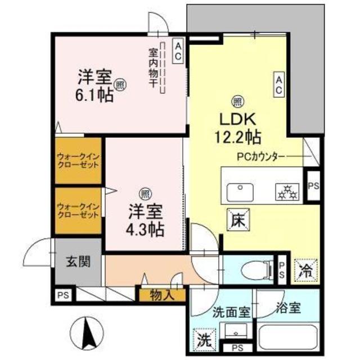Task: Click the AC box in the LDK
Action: pyautogui.click(x=278, y=84)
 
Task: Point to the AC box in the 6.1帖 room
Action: pyautogui.click(x=177, y=52)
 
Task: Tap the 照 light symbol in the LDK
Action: pyautogui.click(x=237, y=101)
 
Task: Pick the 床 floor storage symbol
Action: pyautogui.click(x=236, y=219)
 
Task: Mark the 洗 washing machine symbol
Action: pyautogui.click(x=201, y=339)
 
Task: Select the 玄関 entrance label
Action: pyautogui.click(x=78, y=262)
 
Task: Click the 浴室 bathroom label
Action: pyautogui.click(x=288, y=308)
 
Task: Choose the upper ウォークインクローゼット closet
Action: pyautogui.click(x=78, y=160)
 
